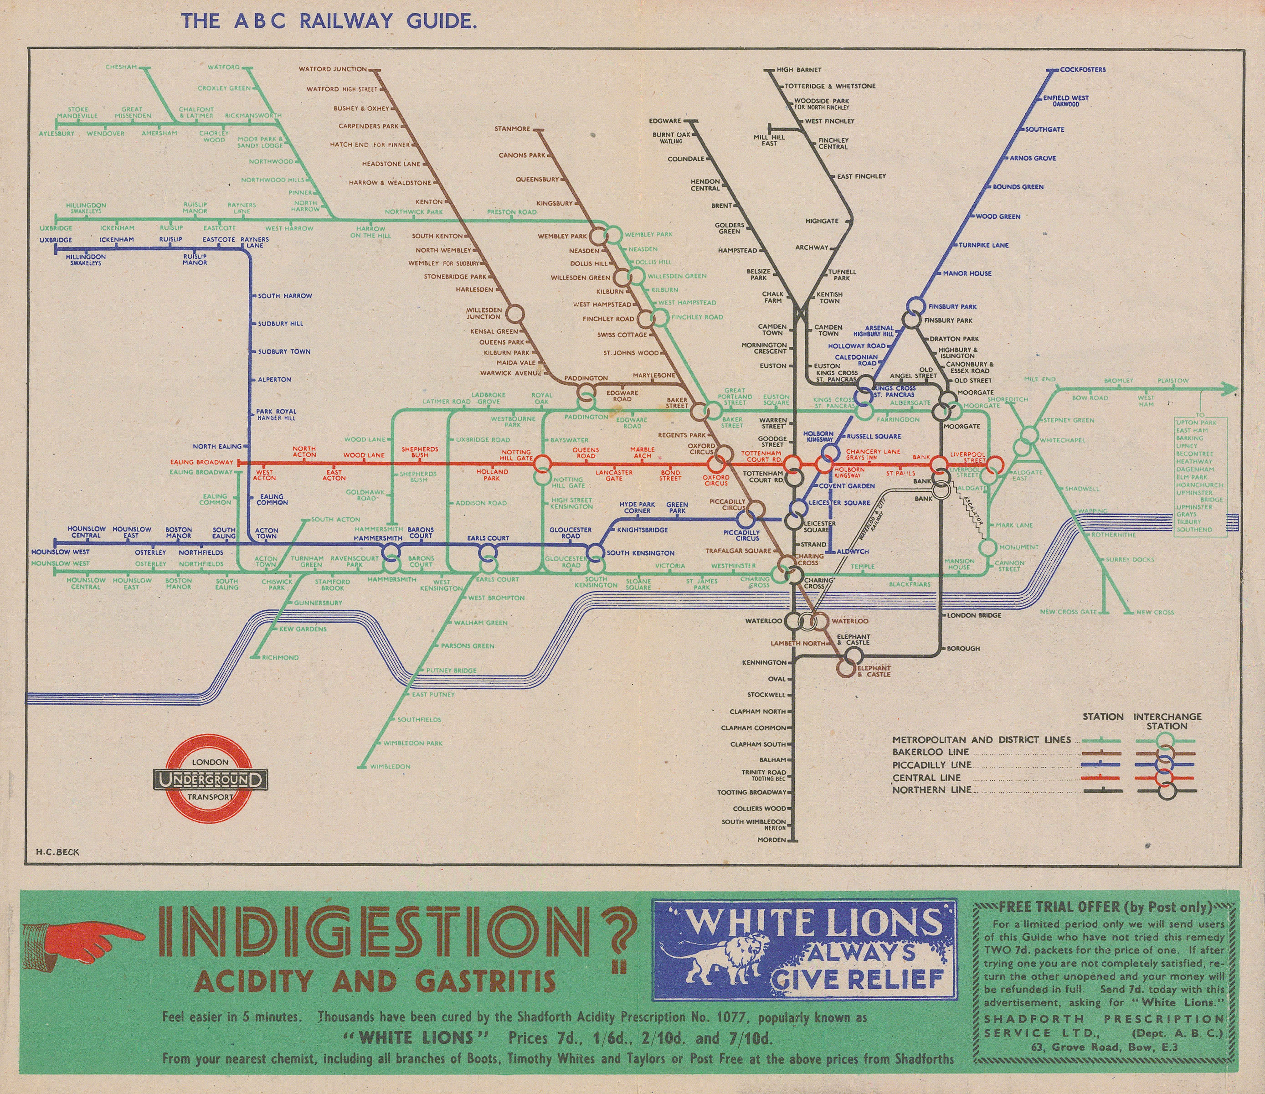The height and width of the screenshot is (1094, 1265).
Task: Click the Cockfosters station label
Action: [1082, 70]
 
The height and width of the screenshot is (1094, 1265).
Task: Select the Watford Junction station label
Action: [333, 69]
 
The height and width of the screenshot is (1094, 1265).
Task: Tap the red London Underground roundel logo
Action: [211, 779]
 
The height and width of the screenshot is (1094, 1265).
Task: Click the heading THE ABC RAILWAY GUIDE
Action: [328, 22]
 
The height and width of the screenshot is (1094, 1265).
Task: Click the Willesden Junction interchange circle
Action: [514, 313]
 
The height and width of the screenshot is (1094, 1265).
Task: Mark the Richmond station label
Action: [280, 658]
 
